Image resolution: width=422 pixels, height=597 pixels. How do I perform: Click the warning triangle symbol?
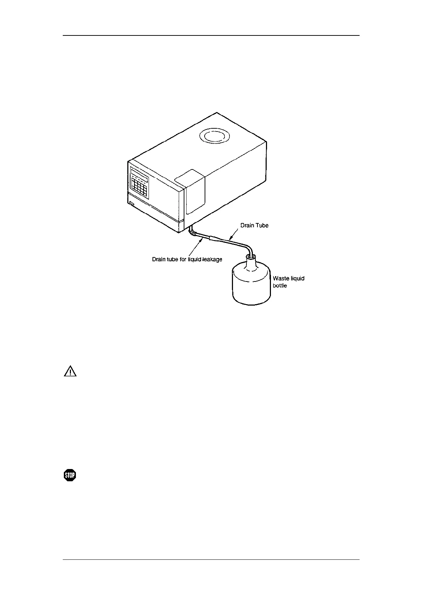[70, 371]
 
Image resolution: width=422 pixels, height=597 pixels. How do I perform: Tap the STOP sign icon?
[70, 475]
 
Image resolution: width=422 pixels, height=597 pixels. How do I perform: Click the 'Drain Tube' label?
[254, 225]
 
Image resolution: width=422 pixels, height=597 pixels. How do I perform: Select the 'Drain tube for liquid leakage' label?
[187, 259]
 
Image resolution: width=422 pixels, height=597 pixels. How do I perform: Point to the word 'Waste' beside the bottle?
[281, 278]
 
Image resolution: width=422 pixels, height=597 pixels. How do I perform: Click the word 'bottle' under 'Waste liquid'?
[280, 285]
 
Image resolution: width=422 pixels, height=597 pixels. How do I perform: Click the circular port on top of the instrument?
[215, 136]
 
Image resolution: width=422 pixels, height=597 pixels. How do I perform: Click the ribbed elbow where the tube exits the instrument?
[193, 232]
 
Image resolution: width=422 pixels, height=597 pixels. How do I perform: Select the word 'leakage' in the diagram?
[212, 259]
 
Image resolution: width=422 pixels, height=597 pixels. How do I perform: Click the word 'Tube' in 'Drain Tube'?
[262, 225]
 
